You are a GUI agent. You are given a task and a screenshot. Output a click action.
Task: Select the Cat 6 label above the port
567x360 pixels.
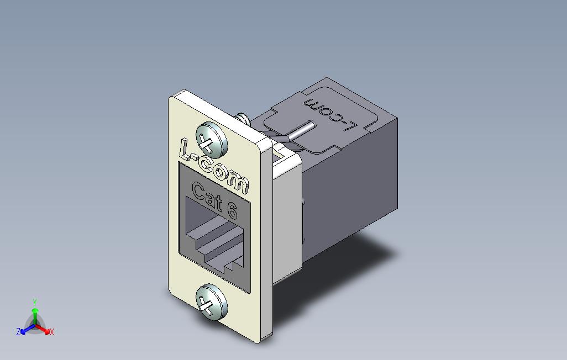coord(214,199)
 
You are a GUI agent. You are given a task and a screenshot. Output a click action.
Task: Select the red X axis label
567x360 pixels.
coord(51,332)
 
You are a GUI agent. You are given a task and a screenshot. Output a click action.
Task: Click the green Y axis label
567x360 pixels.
coord(34,303)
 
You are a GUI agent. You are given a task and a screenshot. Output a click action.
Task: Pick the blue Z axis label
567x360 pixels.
coord(18,332)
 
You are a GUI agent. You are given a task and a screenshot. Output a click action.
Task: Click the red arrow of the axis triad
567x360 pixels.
coord(44,329)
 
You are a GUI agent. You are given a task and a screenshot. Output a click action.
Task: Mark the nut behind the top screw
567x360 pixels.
coord(242,119)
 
